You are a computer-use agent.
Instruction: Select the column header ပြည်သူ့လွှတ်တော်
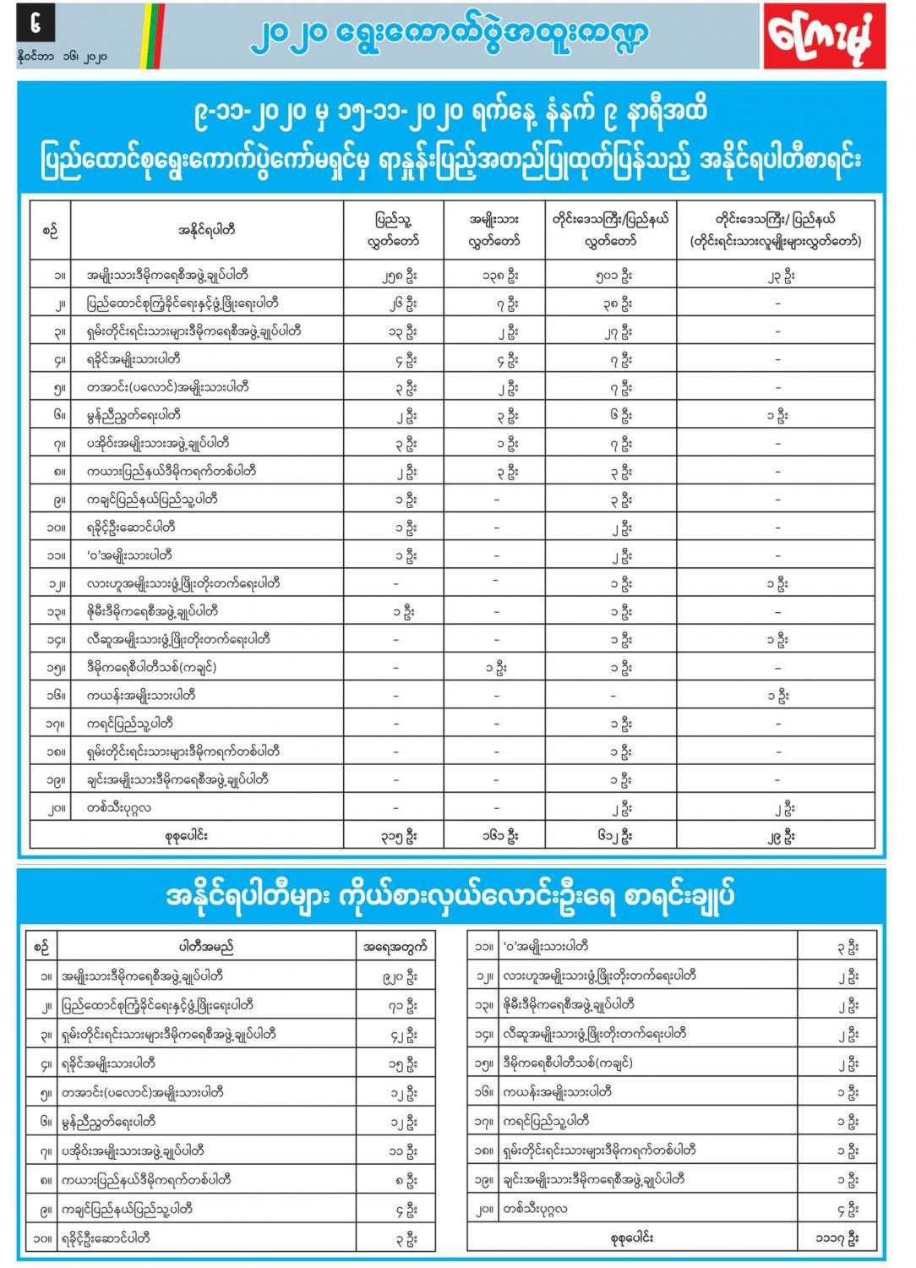[395, 230]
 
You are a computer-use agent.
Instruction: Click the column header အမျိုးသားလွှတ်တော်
[494, 230]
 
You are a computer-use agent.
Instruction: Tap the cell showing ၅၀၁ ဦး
[611, 276]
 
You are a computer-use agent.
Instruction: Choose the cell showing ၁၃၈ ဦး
[495, 276]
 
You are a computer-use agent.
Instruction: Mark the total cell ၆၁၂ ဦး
[611, 836]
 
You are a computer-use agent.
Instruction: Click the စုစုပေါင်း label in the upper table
[186, 836]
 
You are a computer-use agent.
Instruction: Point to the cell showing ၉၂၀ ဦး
[400, 977]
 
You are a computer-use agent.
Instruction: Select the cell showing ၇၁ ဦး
[400, 1006]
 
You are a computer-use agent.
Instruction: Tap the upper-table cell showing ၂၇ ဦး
[611, 331]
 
